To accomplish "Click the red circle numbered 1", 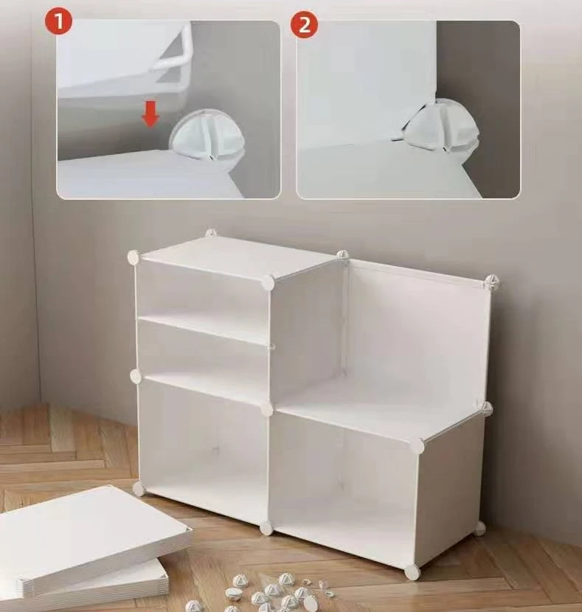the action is (x=58, y=22).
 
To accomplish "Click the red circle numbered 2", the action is (x=304, y=24).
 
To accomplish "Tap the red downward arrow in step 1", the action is (x=150, y=114).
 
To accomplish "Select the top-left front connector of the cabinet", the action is (x=133, y=257).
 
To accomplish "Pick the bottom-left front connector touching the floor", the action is (x=138, y=488).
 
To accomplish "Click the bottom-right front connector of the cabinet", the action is (x=412, y=571).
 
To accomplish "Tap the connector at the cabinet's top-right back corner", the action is (x=491, y=282).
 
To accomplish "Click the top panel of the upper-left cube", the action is (x=238, y=257).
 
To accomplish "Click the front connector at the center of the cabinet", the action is (x=267, y=409).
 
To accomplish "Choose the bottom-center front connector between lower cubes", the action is (x=266, y=528).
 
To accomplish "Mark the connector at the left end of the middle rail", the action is (x=136, y=375).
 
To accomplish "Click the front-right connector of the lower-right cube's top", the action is (x=417, y=445).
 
